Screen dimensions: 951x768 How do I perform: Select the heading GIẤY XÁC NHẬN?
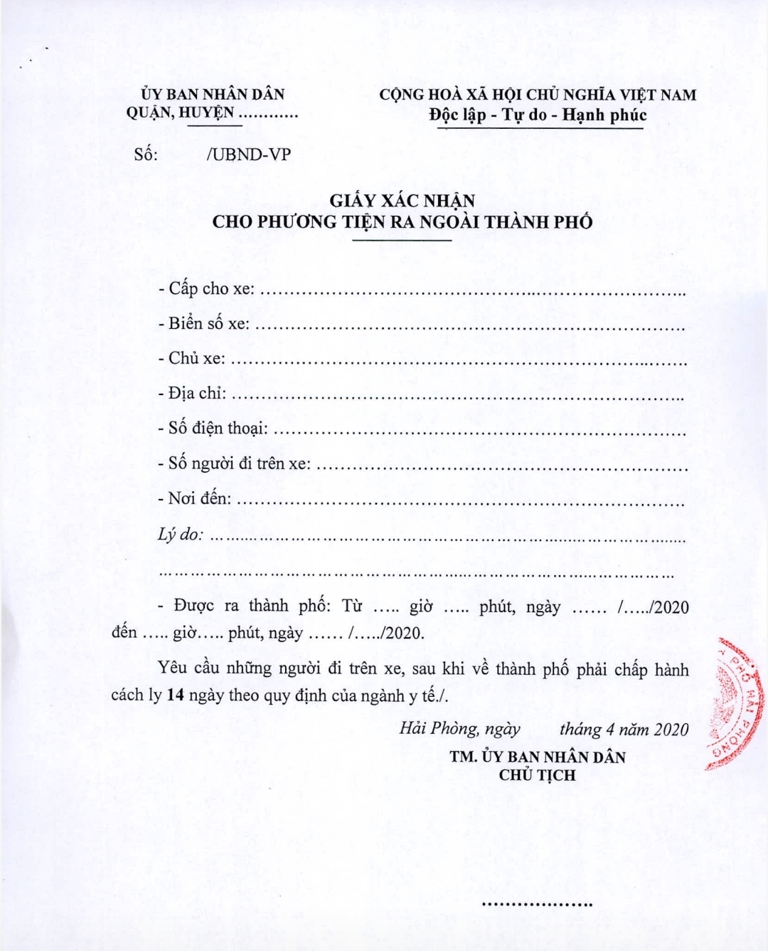[402, 201]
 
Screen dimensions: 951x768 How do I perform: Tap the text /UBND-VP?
[248, 154]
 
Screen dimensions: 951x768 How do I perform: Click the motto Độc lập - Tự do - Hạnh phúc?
[538, 115]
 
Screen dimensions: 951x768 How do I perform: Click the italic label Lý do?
[180, 534]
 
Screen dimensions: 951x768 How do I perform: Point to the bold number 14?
[176, 695]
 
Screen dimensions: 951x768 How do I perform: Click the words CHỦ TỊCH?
[537, 775]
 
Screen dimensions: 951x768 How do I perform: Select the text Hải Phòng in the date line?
[438, 728]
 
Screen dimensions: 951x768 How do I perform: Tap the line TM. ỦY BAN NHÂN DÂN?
[537, 757]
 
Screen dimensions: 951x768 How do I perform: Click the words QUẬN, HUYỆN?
[180, 112]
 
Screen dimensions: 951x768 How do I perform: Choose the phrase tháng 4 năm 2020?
[624, 729]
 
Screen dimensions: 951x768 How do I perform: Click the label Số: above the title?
[146, 154]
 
